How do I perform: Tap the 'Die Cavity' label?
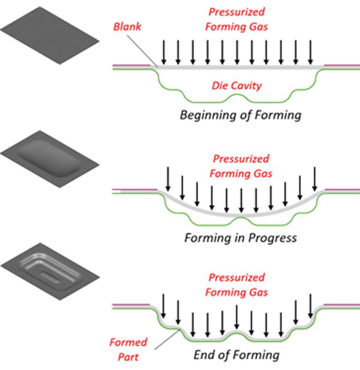pos(236,86)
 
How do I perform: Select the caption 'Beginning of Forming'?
pos(240,115)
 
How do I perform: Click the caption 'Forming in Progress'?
pos(240,238)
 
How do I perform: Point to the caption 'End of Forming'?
pos(236,355)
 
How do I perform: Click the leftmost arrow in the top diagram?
pos(163,52)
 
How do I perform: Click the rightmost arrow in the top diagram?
pos(310,52)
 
